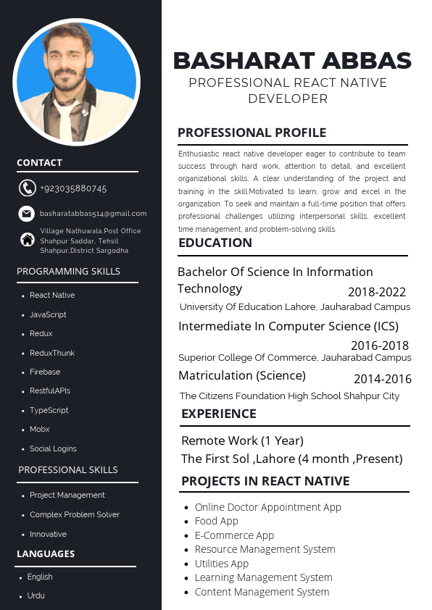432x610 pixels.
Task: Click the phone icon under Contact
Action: [27, 188]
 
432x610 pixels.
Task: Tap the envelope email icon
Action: [27, 214]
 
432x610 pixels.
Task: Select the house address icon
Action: [27, 240]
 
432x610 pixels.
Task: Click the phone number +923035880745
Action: [73, 188]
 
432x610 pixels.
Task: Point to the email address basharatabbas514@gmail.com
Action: [94, 214]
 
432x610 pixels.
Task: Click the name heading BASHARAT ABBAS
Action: [292, 60]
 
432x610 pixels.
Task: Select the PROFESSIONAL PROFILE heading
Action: [252, 133]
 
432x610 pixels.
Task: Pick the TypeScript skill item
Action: [49, 410]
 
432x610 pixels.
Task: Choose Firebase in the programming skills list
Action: [45, 372]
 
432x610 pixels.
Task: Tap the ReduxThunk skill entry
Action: [52, 353]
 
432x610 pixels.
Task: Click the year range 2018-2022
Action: [377, 292]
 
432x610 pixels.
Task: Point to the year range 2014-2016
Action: [382, 379]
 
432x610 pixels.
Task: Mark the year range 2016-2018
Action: [380, 346]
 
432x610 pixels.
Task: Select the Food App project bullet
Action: [216, 521]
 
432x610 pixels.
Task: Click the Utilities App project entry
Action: [221, 564]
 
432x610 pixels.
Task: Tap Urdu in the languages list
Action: [36, 596]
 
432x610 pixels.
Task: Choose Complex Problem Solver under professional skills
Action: [75, 514]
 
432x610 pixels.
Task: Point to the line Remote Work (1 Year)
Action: [242, 440]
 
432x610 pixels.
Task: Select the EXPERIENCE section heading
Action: [218, 414]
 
